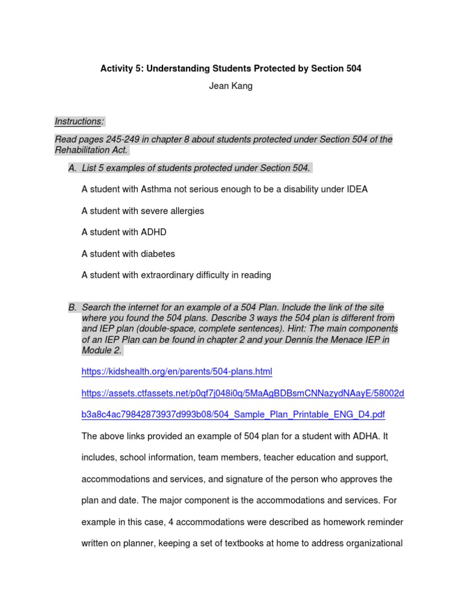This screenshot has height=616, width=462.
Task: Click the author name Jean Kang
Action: [230, 86]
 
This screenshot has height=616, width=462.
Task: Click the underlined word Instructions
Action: [79, 122]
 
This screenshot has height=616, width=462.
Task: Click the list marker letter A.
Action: [72, 167]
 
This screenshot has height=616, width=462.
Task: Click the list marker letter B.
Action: [72, 307]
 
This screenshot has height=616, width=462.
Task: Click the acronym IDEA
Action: [355, 189]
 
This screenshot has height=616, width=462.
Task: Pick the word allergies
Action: [185, 211]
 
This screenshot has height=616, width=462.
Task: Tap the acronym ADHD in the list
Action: [153, 232]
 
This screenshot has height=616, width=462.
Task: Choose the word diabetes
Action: [158, 254]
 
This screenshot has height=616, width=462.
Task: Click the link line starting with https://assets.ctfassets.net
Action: [242, 393]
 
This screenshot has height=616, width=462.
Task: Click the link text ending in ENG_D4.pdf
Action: [233, 415]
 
